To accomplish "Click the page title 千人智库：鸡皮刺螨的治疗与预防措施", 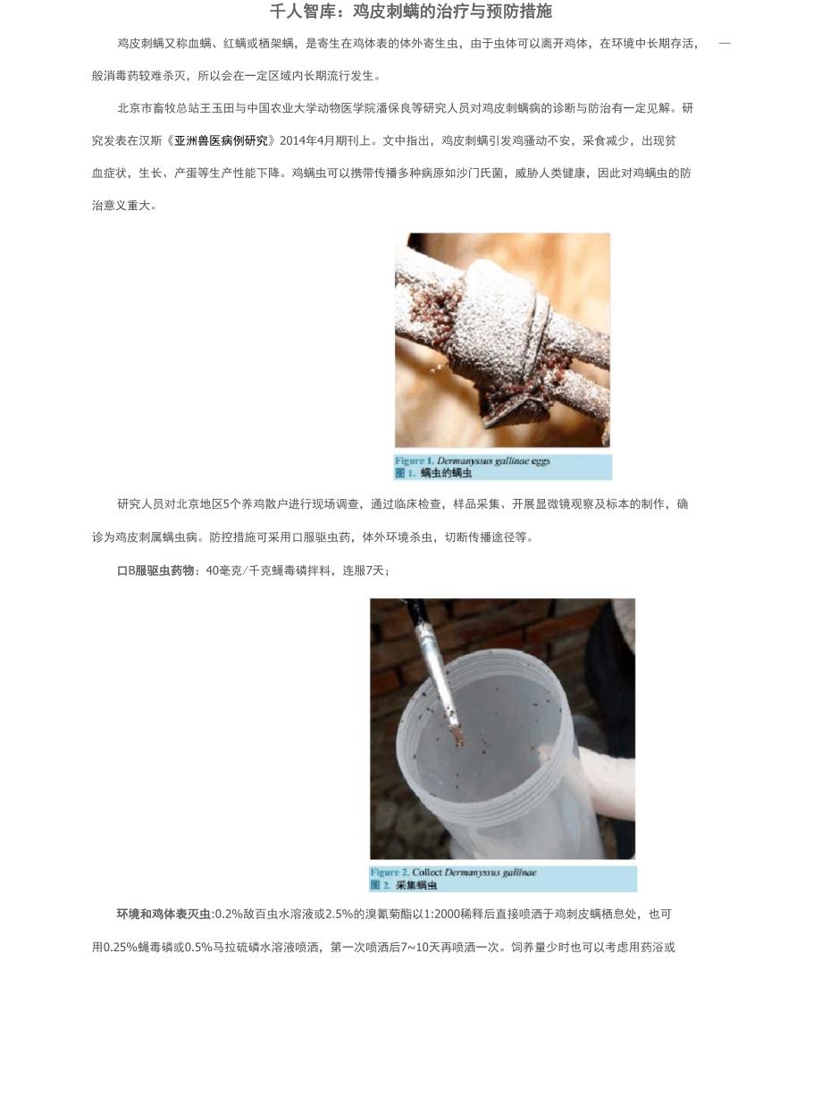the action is (411, 12).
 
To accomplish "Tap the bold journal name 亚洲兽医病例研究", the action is (221, 141).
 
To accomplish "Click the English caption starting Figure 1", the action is (473, 460).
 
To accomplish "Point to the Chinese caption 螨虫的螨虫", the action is (446, 473).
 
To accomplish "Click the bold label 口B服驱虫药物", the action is (155, 570).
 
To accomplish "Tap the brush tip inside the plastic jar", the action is (457, 736).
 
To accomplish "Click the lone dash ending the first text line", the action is (725, 44).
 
